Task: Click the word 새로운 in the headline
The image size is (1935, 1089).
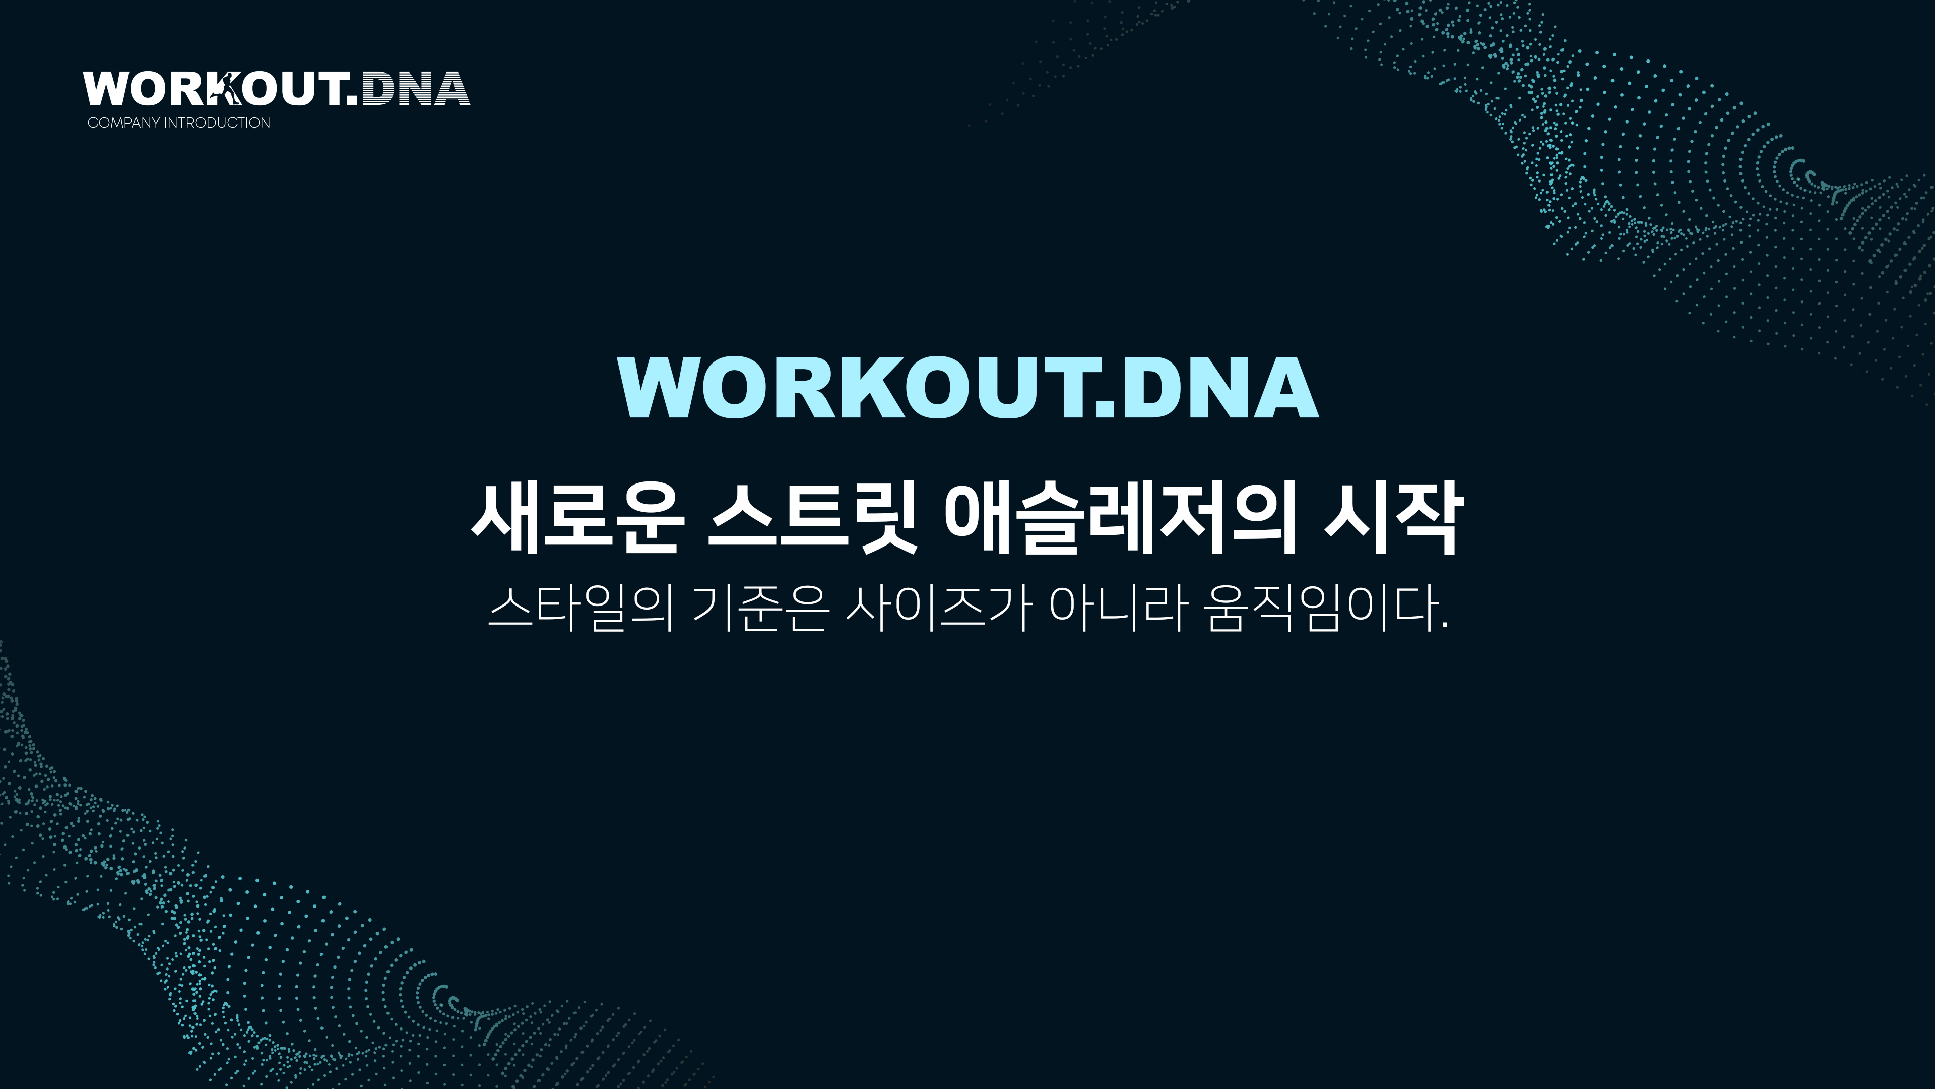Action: [x=577, y=519]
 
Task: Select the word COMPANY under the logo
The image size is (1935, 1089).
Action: [x=124, y=123]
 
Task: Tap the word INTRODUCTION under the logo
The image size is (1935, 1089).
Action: [x=217, y=123]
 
